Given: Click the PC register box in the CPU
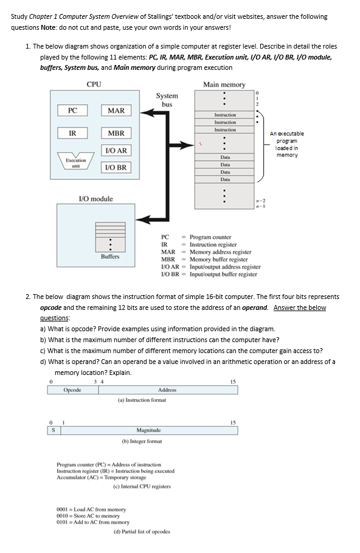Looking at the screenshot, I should point(72,110).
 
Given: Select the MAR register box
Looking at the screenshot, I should point(116,110).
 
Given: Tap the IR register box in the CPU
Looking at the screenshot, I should point(72,133).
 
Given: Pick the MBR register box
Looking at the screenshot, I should point(116,133).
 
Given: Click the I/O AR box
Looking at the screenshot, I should point(116,150).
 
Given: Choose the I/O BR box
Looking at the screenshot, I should point(116,167).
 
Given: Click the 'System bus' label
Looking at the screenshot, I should point(167,100).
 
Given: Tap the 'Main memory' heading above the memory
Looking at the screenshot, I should point(224,84).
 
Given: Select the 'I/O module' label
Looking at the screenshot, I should point(95,199).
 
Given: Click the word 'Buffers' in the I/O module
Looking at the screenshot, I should point(110,256).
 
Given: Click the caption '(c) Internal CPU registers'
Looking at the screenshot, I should point(142,486).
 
